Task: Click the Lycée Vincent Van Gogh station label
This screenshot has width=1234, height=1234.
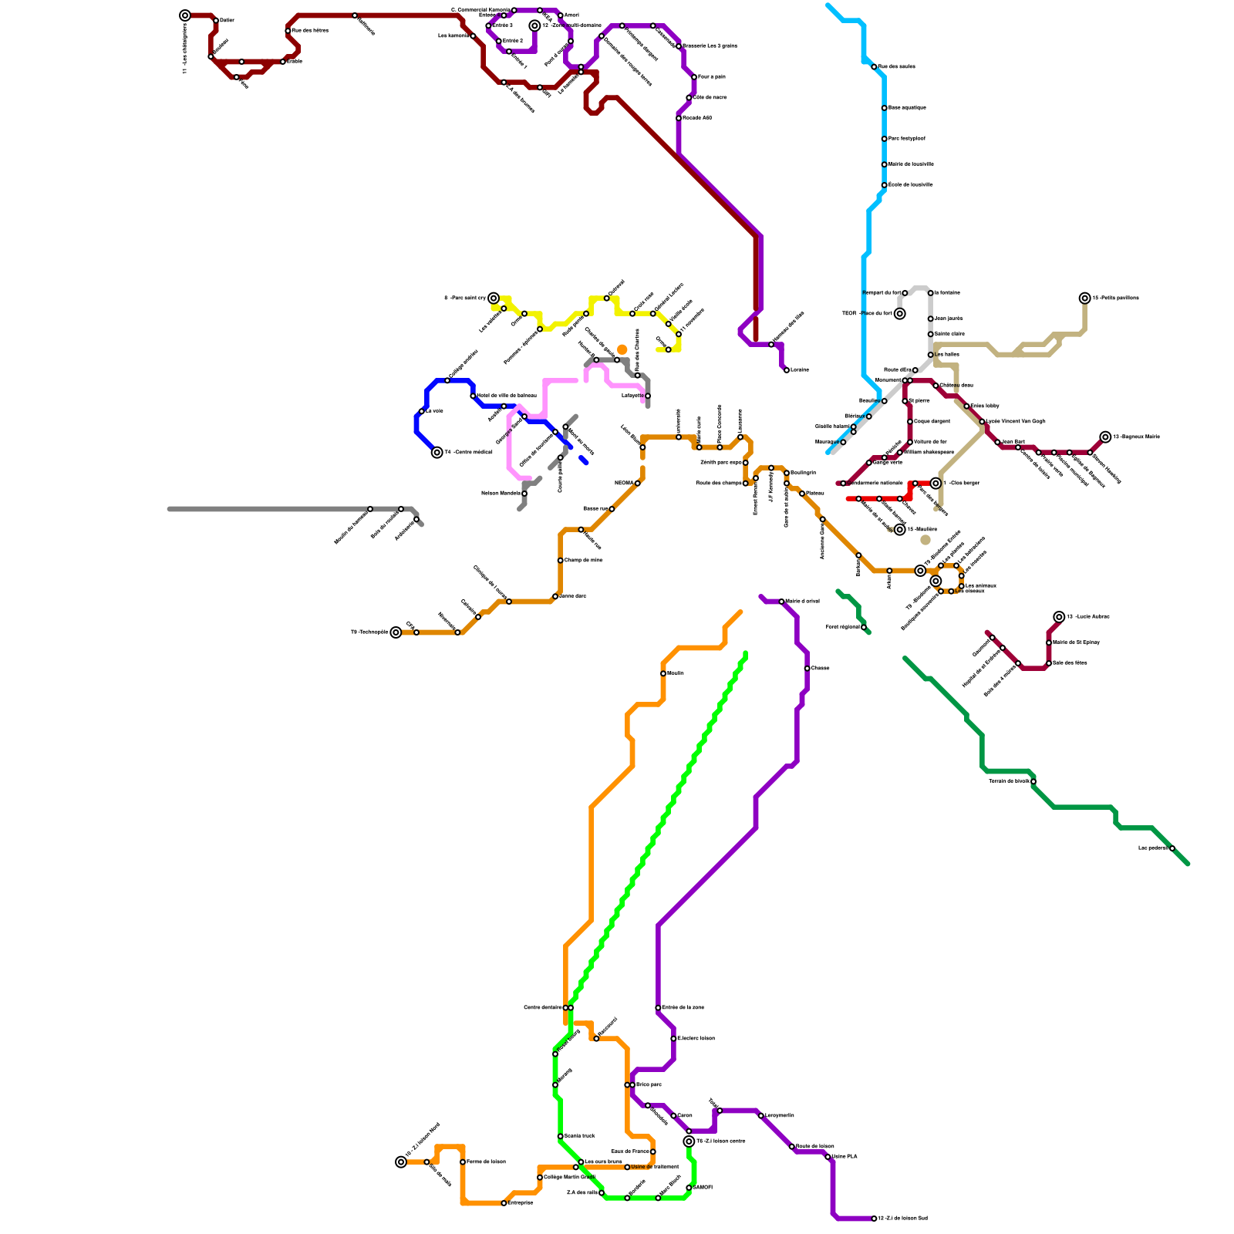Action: pyautogui.click(x=1016, y=421)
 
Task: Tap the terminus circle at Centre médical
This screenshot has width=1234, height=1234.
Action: pyautogui.click(x=437, y=453)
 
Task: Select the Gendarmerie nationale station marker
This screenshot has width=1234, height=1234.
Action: pyautogui.click(x=843, y=484)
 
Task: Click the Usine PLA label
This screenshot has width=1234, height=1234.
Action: pyautogui.click(x=845, y=1156)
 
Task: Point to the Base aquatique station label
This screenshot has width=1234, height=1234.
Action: pyautogui.click(x=907, y=107)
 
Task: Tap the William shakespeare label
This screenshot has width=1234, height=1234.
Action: pyautogui.click(x=929, y=452)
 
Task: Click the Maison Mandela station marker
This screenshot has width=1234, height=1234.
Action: pyautogui.click(x=524, y=494)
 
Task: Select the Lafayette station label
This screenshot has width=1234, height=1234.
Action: pyautogui.click(x=632, y=396)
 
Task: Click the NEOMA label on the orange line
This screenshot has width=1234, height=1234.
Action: pyautogui.click(x=623, y=483)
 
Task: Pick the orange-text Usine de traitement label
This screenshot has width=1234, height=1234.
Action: pyautogui.click(x=655, y=1167)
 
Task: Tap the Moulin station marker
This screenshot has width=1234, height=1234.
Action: pyautogui.click(x=663, y=673)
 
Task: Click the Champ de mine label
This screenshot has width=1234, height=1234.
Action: pyautogui.click(x=584, y=560)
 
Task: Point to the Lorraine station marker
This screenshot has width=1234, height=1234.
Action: pyautogui.click(x=787, y=370)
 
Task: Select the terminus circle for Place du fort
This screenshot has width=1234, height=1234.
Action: pyautogui.click(x=899, y=314)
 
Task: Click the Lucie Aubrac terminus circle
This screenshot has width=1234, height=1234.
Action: pyautogui.click(x=1060, y=617)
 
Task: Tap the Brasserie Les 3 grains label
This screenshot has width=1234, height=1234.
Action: pyautogui.click(x=710, y=46)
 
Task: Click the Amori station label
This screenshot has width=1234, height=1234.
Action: pyautogui.click(x=571, y=15)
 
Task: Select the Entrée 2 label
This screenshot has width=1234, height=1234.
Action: pyautogui.click(x=513, y=40)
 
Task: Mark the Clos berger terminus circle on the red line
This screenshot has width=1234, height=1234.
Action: pyautogui.click(x=936, y=484)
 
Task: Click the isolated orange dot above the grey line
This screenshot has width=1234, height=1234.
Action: pyautogui.click(x=622, y=350)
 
